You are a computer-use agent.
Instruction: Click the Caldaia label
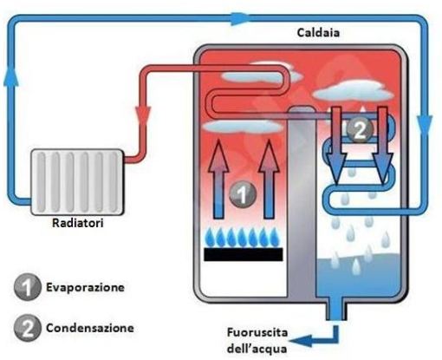point(318,32)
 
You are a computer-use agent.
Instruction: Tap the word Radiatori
point(77,223)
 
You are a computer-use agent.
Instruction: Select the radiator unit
point(77,182)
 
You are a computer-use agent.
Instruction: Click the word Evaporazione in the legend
point(85,287)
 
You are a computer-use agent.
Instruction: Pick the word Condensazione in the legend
point(90,328)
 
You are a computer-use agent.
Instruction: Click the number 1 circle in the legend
point(28,287)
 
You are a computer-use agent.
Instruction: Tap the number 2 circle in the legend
point(28,328)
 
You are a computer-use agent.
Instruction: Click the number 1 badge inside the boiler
point(243,194)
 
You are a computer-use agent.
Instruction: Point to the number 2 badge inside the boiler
point(360,130)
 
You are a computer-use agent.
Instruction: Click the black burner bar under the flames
point(244,254)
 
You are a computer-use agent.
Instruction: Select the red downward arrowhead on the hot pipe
point(143,115)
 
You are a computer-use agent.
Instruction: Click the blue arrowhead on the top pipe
point(240,18)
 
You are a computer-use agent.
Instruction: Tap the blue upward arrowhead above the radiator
point(11,76)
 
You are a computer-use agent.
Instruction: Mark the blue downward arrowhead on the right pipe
point(425,125)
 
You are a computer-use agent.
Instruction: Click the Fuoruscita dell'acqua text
point(257,341)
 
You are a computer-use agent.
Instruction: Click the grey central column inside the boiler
point(302,202)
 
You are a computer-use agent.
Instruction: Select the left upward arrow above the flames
point(218,179)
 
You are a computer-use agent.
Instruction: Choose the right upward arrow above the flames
point(269,179)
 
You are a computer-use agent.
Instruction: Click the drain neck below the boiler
point(336,309)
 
